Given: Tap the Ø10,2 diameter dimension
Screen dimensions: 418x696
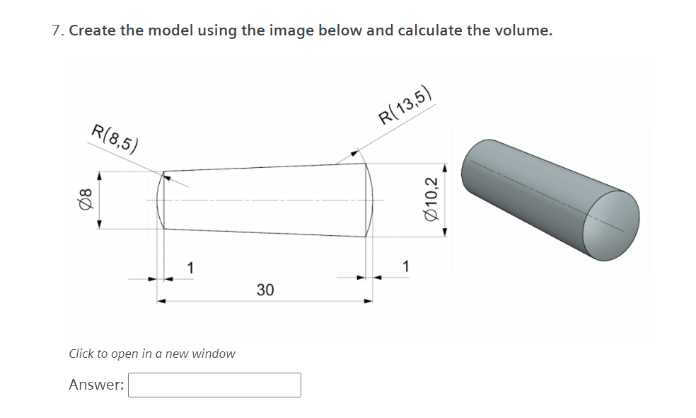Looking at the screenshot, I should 433,199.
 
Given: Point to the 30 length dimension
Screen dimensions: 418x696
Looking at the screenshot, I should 265,290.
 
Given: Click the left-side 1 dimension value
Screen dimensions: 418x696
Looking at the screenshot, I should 190,267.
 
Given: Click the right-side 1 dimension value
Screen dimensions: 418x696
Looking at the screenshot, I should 405,267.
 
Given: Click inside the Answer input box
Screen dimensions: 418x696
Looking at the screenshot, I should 214,385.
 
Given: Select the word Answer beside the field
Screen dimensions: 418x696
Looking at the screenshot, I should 96,385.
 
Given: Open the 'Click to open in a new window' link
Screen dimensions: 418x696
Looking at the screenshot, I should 152,353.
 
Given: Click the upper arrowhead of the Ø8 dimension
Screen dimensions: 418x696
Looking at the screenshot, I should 99,174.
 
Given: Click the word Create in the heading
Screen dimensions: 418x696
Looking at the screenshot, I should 93,30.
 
